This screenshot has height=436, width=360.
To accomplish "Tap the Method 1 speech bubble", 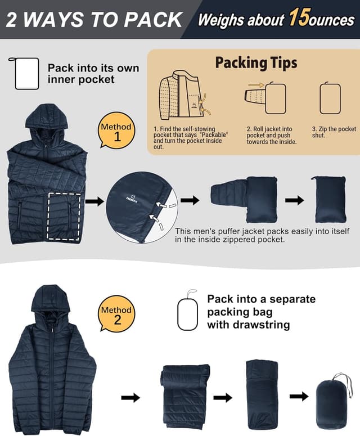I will tap(116, 131).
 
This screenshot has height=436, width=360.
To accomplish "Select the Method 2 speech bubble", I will tap(117, 314).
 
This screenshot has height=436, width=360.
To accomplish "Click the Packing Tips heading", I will tap(256, 62).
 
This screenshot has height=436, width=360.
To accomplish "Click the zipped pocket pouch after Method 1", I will tap(328, 199).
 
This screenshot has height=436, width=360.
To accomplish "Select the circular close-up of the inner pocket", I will tap(142, 207).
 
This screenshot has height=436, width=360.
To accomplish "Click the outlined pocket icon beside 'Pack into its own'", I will tap(26, 73).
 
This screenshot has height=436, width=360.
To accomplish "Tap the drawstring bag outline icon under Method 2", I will tap(187, 312).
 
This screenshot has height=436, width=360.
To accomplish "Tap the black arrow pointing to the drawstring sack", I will tap(299, 396).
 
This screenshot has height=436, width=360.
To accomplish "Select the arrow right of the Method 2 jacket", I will tap(130, 398).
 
